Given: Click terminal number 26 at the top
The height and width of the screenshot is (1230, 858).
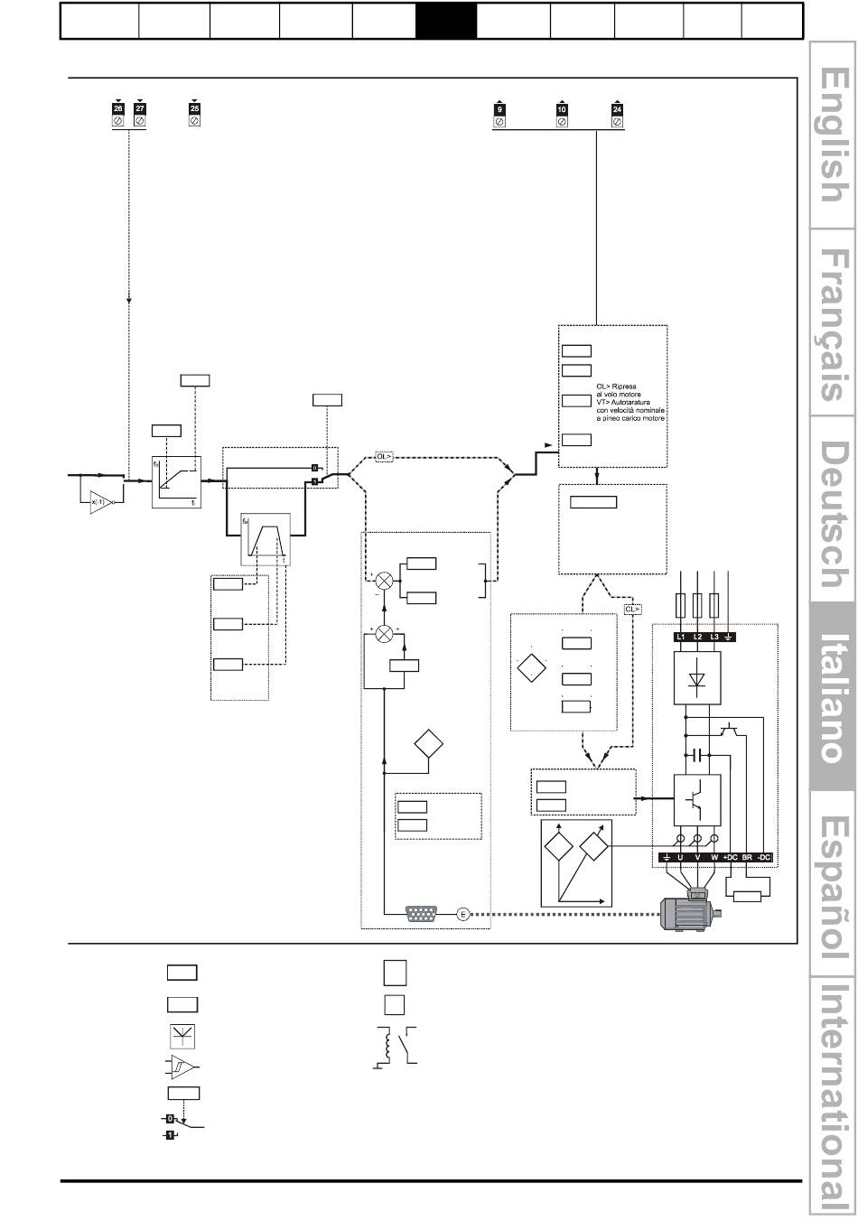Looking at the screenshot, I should (x=118, y=108).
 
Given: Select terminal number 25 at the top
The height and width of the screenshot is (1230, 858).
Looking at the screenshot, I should (x=194, y=108).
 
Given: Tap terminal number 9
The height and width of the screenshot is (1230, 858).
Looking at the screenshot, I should (x=499, y=109).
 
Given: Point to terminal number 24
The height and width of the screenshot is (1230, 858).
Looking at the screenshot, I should (x=618, y=109).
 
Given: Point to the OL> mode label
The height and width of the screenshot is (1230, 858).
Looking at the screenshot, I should (x=385, y=457).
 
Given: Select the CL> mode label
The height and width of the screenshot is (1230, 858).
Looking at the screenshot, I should (x=633, y=610).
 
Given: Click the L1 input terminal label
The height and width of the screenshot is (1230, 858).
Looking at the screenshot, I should (x=680, y=638).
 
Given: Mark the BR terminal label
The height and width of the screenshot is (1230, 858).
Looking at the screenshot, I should (x=747, y=856).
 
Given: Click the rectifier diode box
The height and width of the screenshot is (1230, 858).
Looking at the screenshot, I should (x=696, y=678).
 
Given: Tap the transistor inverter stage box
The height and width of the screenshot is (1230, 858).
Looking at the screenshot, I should (x=696, y=798).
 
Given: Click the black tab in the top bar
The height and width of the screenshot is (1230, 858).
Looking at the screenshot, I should (x=445, y=21).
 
